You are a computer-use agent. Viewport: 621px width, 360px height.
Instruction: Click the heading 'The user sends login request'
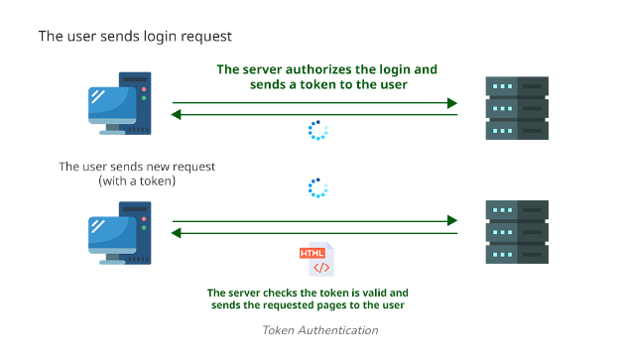[x=135, y=37]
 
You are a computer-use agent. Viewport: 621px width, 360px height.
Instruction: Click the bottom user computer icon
[x=119, y=233]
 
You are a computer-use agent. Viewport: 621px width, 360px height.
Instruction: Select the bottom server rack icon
[x=517, y=232]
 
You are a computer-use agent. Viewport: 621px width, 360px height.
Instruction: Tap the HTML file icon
[x=317, y=260]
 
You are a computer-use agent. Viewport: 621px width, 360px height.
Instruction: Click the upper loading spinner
[x=317, y=131]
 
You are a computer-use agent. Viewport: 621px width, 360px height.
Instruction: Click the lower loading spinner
[x=317, y=188]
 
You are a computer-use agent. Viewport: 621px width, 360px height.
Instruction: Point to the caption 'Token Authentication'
[x=319, y=330]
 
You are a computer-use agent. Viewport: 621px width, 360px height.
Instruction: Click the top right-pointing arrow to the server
[x=314, y=102]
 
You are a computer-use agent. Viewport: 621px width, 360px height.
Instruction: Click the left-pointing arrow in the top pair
[x=314, y=115]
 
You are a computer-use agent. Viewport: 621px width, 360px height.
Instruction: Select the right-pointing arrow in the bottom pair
[x=314, y=220]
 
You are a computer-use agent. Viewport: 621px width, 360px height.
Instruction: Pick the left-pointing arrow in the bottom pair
[x=314, y=234]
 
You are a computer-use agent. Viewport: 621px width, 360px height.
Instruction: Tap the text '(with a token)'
[x=137, y=181]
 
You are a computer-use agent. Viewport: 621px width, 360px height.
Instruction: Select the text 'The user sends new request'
[x=137, y=166]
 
